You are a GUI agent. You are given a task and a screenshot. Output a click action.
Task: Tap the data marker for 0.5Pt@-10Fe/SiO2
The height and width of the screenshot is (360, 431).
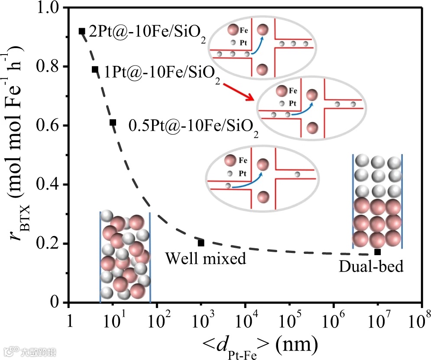pyautogui.click(x=113, y=123)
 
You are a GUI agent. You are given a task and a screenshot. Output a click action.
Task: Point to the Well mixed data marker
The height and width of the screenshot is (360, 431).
pyautogui.click(x=201, y=243)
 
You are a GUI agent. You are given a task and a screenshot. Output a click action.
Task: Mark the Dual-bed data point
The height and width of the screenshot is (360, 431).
pyautogui.click(x=377, y=252)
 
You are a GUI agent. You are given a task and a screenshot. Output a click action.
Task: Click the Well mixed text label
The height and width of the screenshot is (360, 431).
pyautogui.click(x=206, y=259)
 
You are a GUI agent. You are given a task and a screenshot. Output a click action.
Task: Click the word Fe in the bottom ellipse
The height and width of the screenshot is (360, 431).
pyautogui.click(x=243, y=160)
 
